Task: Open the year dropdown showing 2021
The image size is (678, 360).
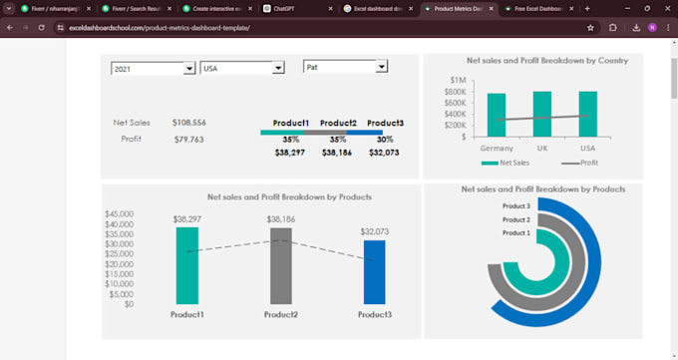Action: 188,69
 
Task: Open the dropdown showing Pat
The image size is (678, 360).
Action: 381,67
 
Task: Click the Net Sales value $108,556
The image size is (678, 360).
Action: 188,123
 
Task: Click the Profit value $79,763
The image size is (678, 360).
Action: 188,140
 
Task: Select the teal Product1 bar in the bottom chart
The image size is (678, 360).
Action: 186,265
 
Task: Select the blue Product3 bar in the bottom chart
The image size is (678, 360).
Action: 374,271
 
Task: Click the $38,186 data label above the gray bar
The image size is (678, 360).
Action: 280,218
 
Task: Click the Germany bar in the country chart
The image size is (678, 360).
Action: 496,115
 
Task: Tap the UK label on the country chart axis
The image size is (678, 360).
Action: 542,147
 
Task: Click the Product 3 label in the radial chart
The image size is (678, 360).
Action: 515,206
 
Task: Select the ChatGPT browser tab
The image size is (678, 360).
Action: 289,8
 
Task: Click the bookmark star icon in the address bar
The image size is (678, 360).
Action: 590,28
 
